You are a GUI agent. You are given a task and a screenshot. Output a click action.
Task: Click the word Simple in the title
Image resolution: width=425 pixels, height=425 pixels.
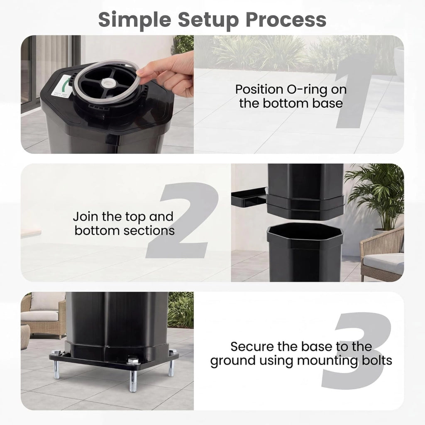(x=135, y=20)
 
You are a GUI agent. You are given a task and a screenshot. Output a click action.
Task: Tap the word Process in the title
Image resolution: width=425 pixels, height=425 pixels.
(x=286, y=20)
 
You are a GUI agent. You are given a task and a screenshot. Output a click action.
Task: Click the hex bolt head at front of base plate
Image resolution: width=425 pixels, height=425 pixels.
(x=132, y=361)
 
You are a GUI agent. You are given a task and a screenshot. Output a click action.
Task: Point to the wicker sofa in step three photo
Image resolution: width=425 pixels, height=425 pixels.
(x=44, y=315)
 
